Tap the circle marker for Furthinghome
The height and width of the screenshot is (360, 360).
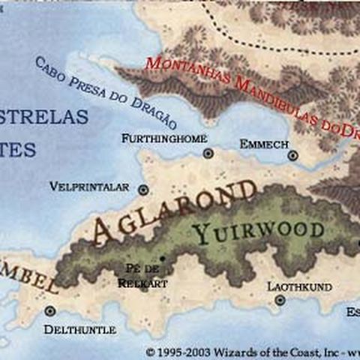208,153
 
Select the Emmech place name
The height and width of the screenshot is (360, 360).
260,143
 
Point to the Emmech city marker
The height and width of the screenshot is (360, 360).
292,156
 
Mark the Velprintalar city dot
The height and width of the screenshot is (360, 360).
143,190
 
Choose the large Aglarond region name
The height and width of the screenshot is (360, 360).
172,211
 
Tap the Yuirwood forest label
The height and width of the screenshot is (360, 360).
259,230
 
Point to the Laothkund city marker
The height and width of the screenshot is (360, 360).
280,300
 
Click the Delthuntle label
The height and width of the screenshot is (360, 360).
79,329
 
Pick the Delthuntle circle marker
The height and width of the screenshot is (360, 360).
50,310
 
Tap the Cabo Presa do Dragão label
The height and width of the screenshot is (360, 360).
105,92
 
